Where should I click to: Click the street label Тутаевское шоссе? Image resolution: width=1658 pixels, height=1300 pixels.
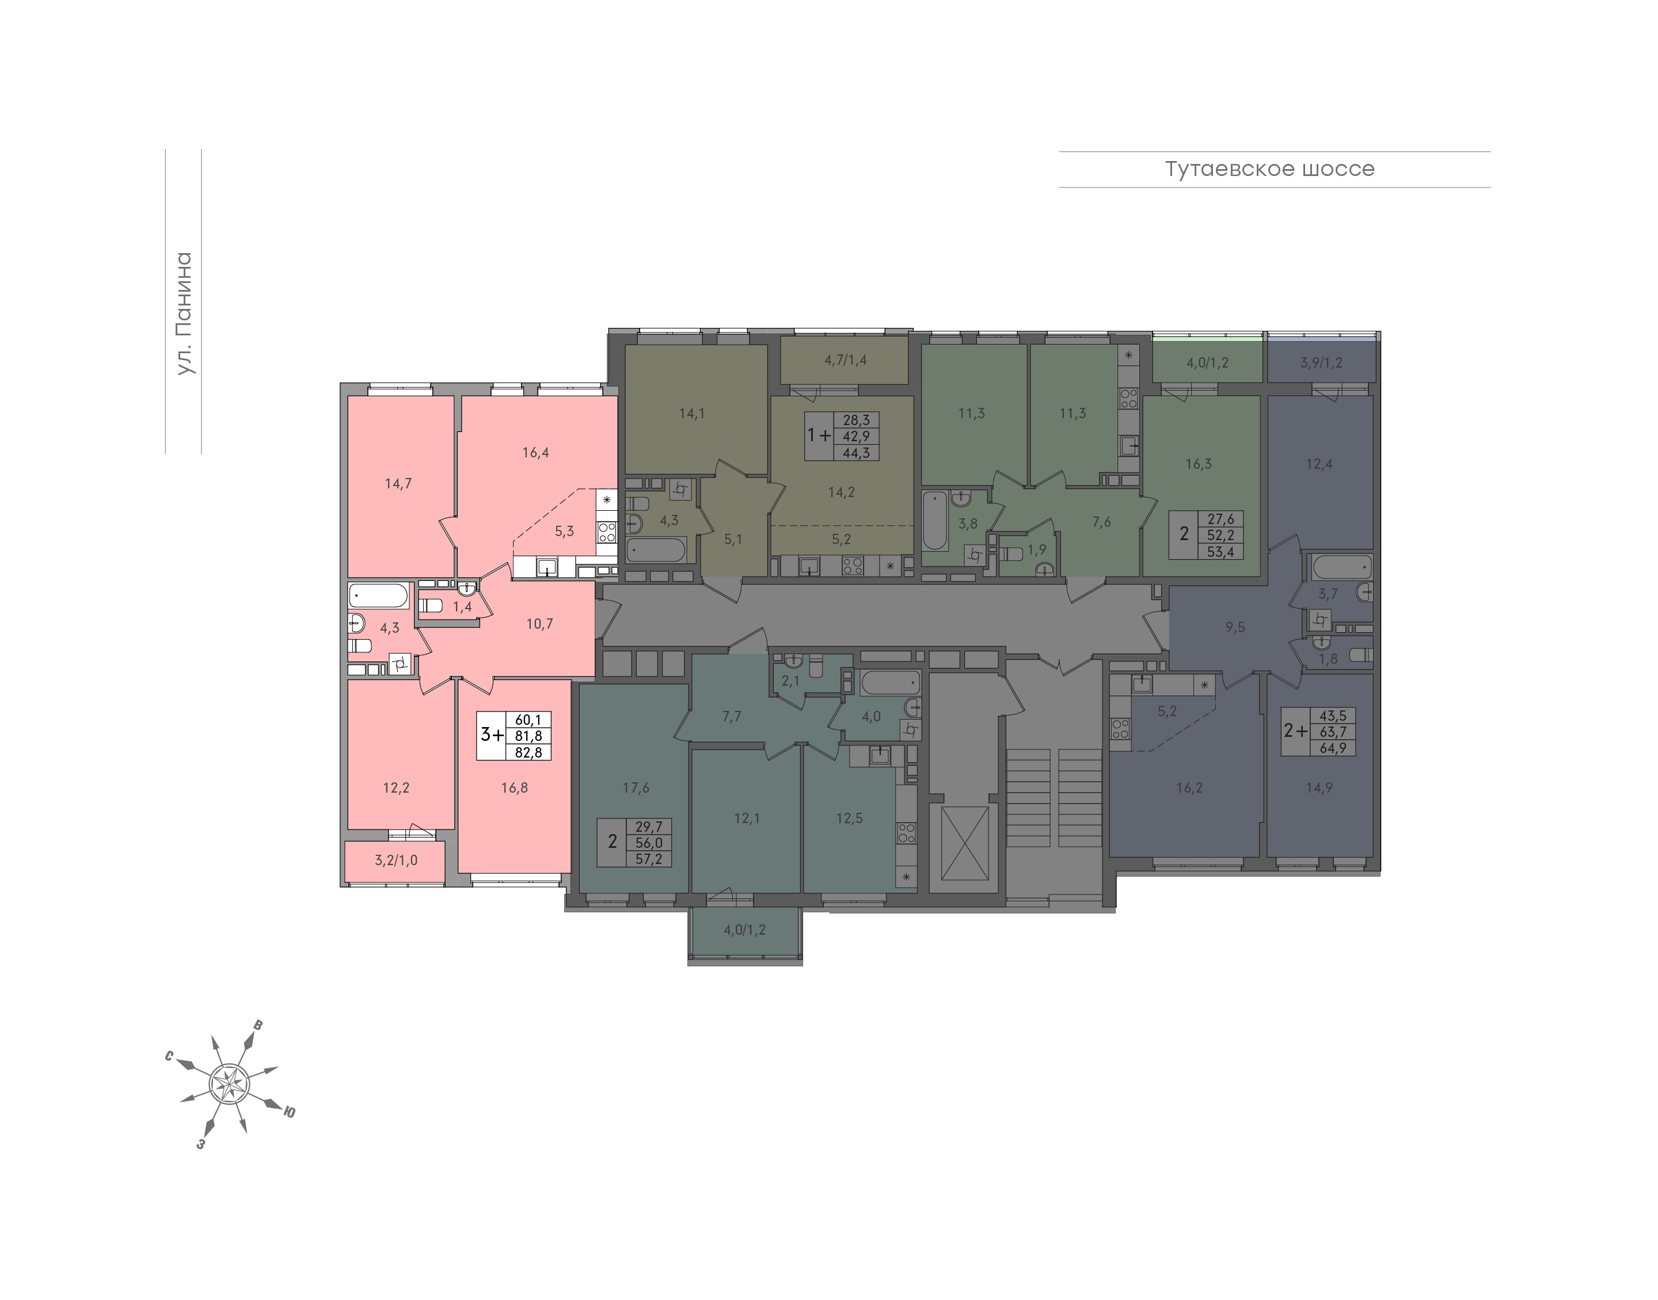pyautogui.click(x=1269, y=169)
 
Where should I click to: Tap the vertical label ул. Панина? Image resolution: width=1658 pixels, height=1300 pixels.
pyautogui.click(x=184, y=313)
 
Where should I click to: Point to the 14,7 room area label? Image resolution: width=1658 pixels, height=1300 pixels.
pyautogui.click(x=398, y=483)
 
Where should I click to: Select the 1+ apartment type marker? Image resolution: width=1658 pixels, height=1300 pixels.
pyautogui.click(x=819, y=435)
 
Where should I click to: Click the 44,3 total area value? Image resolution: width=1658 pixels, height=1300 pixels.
pyautogui.click(x=856, y=453)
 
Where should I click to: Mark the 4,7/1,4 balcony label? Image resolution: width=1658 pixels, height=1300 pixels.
pyautogui.click(x=845, y=360)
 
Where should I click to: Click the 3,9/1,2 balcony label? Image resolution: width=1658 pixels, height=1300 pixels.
pyautogui.click(x=1321, y=363)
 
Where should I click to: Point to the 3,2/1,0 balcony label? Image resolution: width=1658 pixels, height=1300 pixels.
pyautogui.click(x=396, y=861)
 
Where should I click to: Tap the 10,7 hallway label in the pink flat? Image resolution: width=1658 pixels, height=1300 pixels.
pyautogui.click(x=539, y=624)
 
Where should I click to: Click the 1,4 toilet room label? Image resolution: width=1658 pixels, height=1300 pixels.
pyautogui.click(x=462, y=607)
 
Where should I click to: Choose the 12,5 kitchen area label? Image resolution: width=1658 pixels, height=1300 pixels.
pyautogui.click(x=849, y=818)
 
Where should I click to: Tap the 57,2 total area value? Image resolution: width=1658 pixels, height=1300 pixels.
pyautogui.click(x=649, y=859)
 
